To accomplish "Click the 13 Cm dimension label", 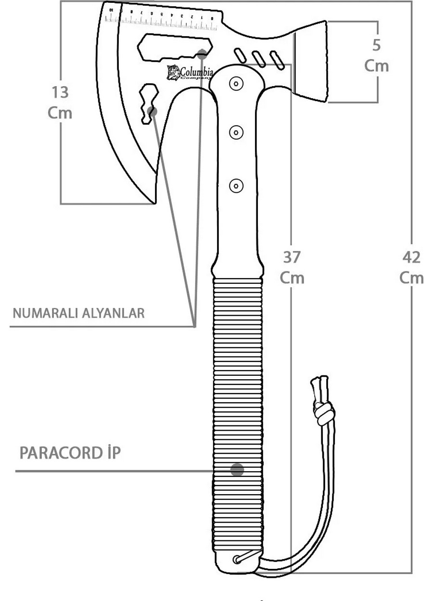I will click(60, 102).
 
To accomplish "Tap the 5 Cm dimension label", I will click(376, 55).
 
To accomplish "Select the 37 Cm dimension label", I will click(292, 268).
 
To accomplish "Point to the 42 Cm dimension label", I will click(411, 268).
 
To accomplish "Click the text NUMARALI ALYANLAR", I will click(78, 313).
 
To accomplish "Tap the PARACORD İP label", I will click(70, 453).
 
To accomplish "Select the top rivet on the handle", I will click(236, 83).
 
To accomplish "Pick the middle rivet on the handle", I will click(236, 132).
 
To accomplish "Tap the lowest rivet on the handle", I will click(236, 185).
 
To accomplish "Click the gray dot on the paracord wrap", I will click(237, 470).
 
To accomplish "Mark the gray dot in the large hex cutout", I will click(203, 53).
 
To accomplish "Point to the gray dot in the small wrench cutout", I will click(153, 112).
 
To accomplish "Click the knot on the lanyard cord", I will click(324, 411).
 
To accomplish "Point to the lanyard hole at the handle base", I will click(239, 559).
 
